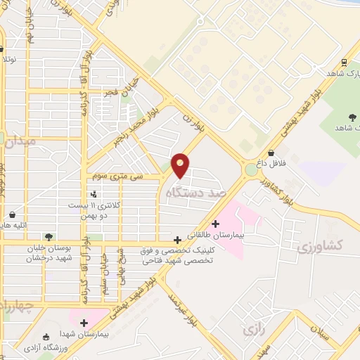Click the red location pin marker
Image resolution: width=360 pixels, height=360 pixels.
coord(181,165)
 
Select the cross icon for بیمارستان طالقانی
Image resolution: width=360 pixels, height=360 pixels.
coord(215,224)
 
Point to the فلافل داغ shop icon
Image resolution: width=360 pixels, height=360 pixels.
coord(271,152)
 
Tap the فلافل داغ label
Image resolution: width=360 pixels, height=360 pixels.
coord(271,163)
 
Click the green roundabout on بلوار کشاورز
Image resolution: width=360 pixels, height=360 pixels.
coord(251,169)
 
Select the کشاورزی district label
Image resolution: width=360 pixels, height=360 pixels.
coord(319,246)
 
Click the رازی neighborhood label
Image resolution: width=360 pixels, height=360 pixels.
coord(252,329)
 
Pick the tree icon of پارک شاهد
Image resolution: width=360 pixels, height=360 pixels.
coord(351,116)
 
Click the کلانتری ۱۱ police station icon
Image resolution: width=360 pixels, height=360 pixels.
coord(94,193)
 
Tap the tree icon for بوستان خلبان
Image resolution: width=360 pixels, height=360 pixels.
coord(48,237)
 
